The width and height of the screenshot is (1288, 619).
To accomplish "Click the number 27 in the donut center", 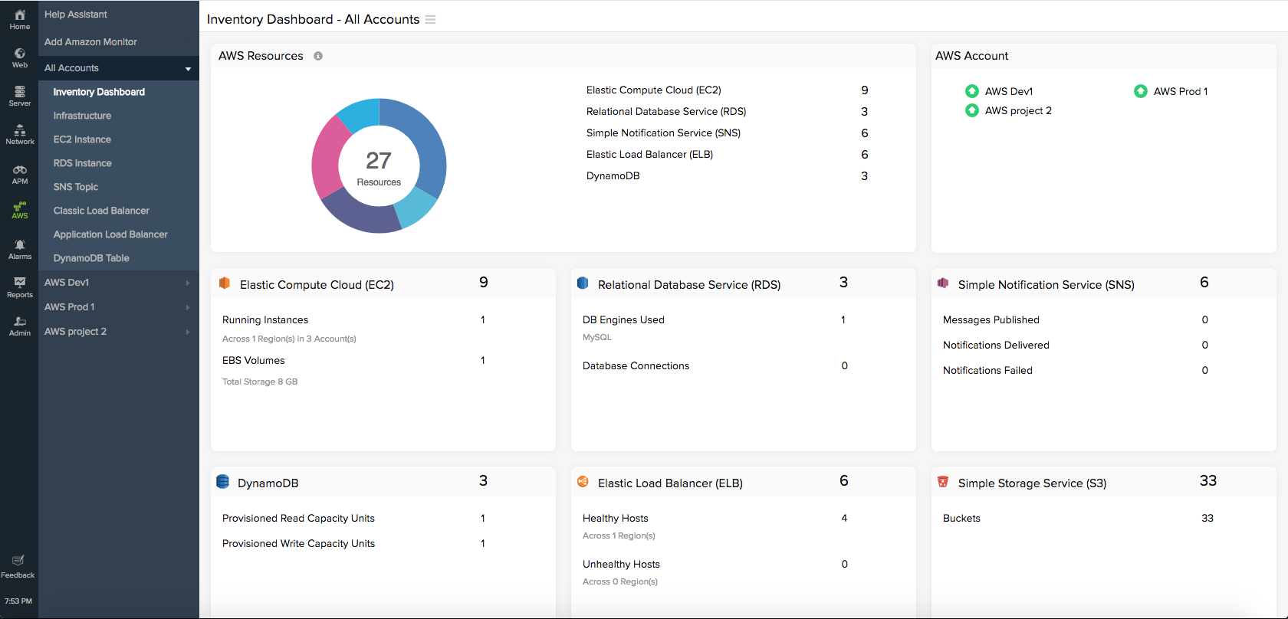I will pos(379,160).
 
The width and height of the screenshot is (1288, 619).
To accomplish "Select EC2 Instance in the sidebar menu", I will pos(82,139).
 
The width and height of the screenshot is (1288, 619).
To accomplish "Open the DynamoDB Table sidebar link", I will pos(91,258).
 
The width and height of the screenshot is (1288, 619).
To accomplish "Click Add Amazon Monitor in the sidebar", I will pos(90,42).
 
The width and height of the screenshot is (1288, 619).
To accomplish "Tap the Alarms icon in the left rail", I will pos(20,248).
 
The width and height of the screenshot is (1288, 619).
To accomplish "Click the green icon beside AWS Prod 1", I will pos(1141,91).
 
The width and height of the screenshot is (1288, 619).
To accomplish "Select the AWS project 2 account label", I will pos(1018,110).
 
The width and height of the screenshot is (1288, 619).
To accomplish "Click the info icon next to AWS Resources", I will pos(318,56).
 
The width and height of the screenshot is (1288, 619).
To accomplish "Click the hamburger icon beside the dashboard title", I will pos(430,20).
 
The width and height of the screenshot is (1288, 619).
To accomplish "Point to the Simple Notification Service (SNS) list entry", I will pos(663,133).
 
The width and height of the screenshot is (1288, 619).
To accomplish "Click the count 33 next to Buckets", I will pos(1207,518).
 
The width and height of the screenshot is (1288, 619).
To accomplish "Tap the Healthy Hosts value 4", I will pos(844,518).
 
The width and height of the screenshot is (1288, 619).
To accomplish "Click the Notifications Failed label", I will pos(987,370).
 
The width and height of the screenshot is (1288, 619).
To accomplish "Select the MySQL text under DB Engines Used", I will pos(597,337).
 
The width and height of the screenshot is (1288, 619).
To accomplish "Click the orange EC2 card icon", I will pos(225,283).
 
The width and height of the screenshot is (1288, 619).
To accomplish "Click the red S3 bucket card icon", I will pos(943,482).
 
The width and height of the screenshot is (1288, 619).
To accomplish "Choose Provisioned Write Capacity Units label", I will pos(298,543).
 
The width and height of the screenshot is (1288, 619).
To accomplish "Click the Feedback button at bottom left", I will pos(18,566).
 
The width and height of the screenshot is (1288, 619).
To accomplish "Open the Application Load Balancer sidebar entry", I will pos(110,234).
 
